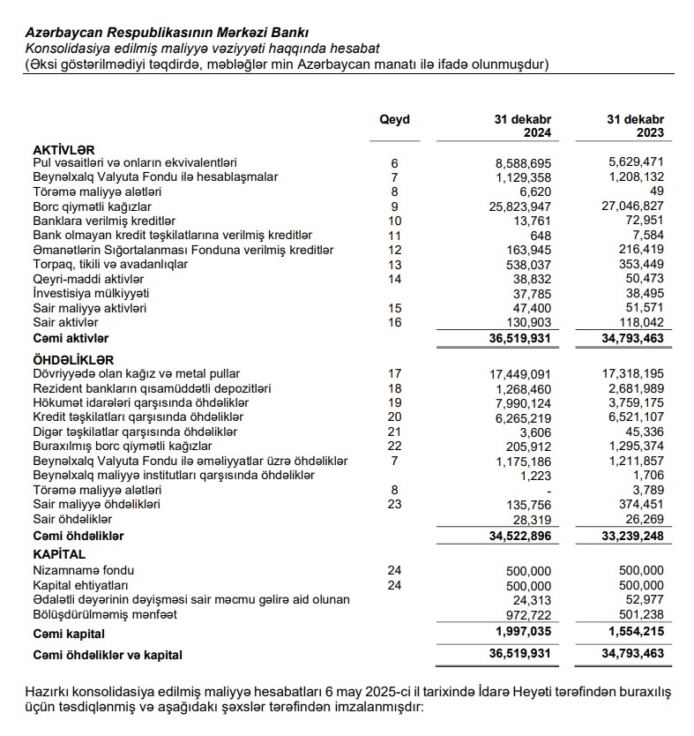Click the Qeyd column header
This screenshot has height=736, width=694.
394,119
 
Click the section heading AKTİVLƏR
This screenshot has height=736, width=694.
63,149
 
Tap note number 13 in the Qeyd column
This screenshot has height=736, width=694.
394,265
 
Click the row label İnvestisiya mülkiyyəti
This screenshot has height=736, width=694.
91,294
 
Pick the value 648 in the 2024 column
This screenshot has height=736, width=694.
540,236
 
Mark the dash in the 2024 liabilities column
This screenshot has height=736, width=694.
548,491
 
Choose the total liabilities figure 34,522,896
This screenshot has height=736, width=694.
516,536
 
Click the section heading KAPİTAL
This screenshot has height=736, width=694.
59,555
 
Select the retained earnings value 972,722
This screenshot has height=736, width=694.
524,613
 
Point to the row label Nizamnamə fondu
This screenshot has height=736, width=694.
84,570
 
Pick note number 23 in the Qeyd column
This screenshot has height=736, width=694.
394,505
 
